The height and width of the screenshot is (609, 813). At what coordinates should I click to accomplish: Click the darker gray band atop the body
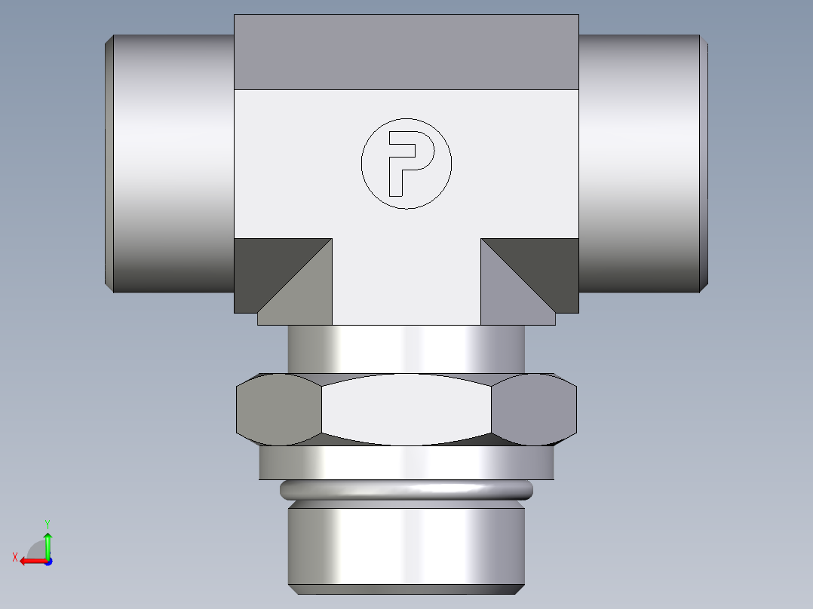[406, 51]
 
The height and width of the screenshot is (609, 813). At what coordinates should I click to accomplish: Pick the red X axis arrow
[30, 561]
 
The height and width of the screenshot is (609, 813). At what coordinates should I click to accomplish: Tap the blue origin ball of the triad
[48, 561]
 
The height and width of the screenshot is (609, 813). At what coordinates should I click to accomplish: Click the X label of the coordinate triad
[15, 557]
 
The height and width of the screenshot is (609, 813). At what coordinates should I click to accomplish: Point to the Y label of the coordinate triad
[47, 523]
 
